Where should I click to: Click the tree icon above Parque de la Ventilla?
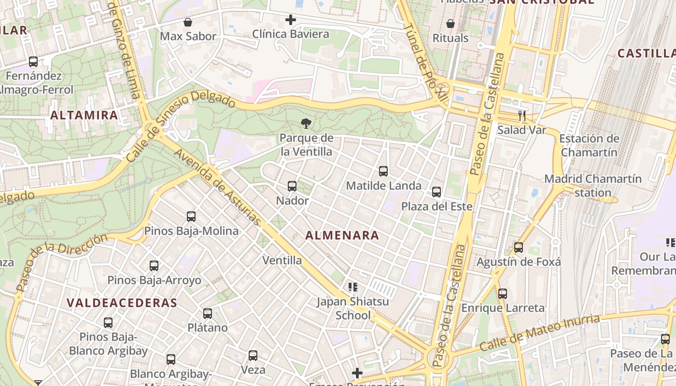click(305, 124)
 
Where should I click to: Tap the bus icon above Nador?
click(292, 186)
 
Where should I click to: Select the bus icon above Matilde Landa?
click(383, 171)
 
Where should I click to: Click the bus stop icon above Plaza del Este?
click(437, 192)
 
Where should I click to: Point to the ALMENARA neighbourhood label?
click(342, 235)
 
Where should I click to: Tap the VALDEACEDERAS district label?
click(122, 303)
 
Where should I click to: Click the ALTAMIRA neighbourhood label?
click(84, 115)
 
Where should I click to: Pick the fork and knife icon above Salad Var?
click(521, 116)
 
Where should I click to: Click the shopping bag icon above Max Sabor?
click(188, 22)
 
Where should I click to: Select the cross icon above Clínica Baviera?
click(291, 20)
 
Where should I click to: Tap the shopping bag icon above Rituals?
click(451, 24)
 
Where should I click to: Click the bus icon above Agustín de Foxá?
click(519, 248)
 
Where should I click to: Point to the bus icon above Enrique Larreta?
click(503, 293)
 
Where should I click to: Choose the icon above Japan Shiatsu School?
click(352, 288)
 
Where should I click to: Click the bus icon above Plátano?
click(208, 314)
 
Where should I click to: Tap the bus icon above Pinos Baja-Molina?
click(191, 217)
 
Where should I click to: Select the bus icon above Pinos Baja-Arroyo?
click(154, 266)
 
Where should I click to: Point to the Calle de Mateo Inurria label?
click(539, 333)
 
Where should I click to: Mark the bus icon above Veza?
click(253, 356)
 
